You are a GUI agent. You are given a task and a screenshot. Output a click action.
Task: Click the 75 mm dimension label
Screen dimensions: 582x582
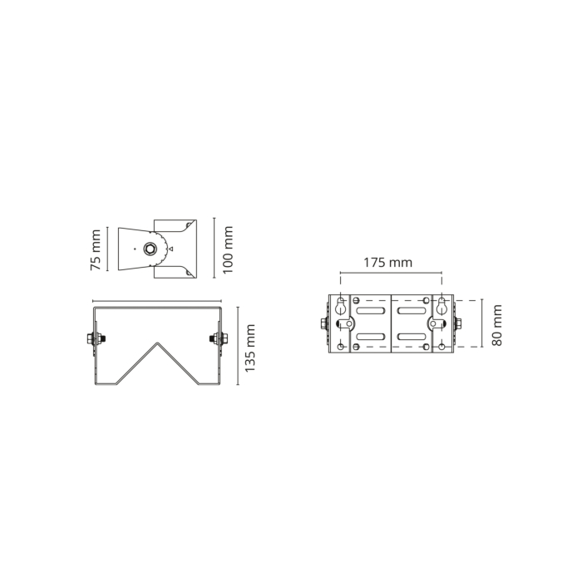(x=96, y=249)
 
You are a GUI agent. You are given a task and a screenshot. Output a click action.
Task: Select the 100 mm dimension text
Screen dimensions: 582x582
(x=228, y=249)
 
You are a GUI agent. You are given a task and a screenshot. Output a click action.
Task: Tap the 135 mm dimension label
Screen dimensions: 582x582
(x=250, y=348)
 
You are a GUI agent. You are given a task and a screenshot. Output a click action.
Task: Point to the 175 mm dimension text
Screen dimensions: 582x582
(x=388, y=263)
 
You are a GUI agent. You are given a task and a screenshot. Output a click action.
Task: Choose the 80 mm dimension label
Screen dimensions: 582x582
(x=497, y=325)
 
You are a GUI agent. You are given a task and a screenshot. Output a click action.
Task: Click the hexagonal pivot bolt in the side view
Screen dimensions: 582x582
(x=150, y=249)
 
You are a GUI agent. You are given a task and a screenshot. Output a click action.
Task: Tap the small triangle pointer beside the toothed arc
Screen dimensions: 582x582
(x=170, y=249)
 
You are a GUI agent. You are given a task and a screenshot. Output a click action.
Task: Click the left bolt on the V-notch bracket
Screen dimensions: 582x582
(x=96, y=338)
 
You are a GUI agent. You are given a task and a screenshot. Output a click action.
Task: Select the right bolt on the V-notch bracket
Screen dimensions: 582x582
(x=219, y=338)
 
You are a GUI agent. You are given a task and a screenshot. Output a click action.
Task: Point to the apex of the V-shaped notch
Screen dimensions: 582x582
(x=158, y=343)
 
